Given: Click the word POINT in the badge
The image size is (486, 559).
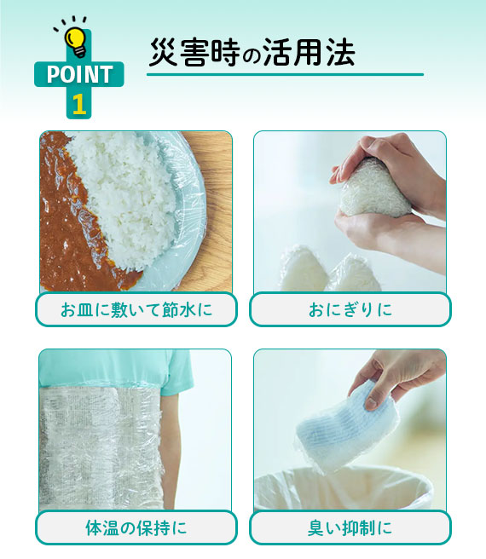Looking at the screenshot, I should click(78, 75).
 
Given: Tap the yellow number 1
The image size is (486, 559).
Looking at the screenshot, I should click(78, 104).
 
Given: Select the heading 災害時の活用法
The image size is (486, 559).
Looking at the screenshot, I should click(252, 53).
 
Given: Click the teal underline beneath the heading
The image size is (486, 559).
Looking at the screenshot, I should click(285, 75).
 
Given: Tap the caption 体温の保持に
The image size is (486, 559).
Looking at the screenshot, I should click(136, 527).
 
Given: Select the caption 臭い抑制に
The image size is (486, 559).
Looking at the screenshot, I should click(350, 527).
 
